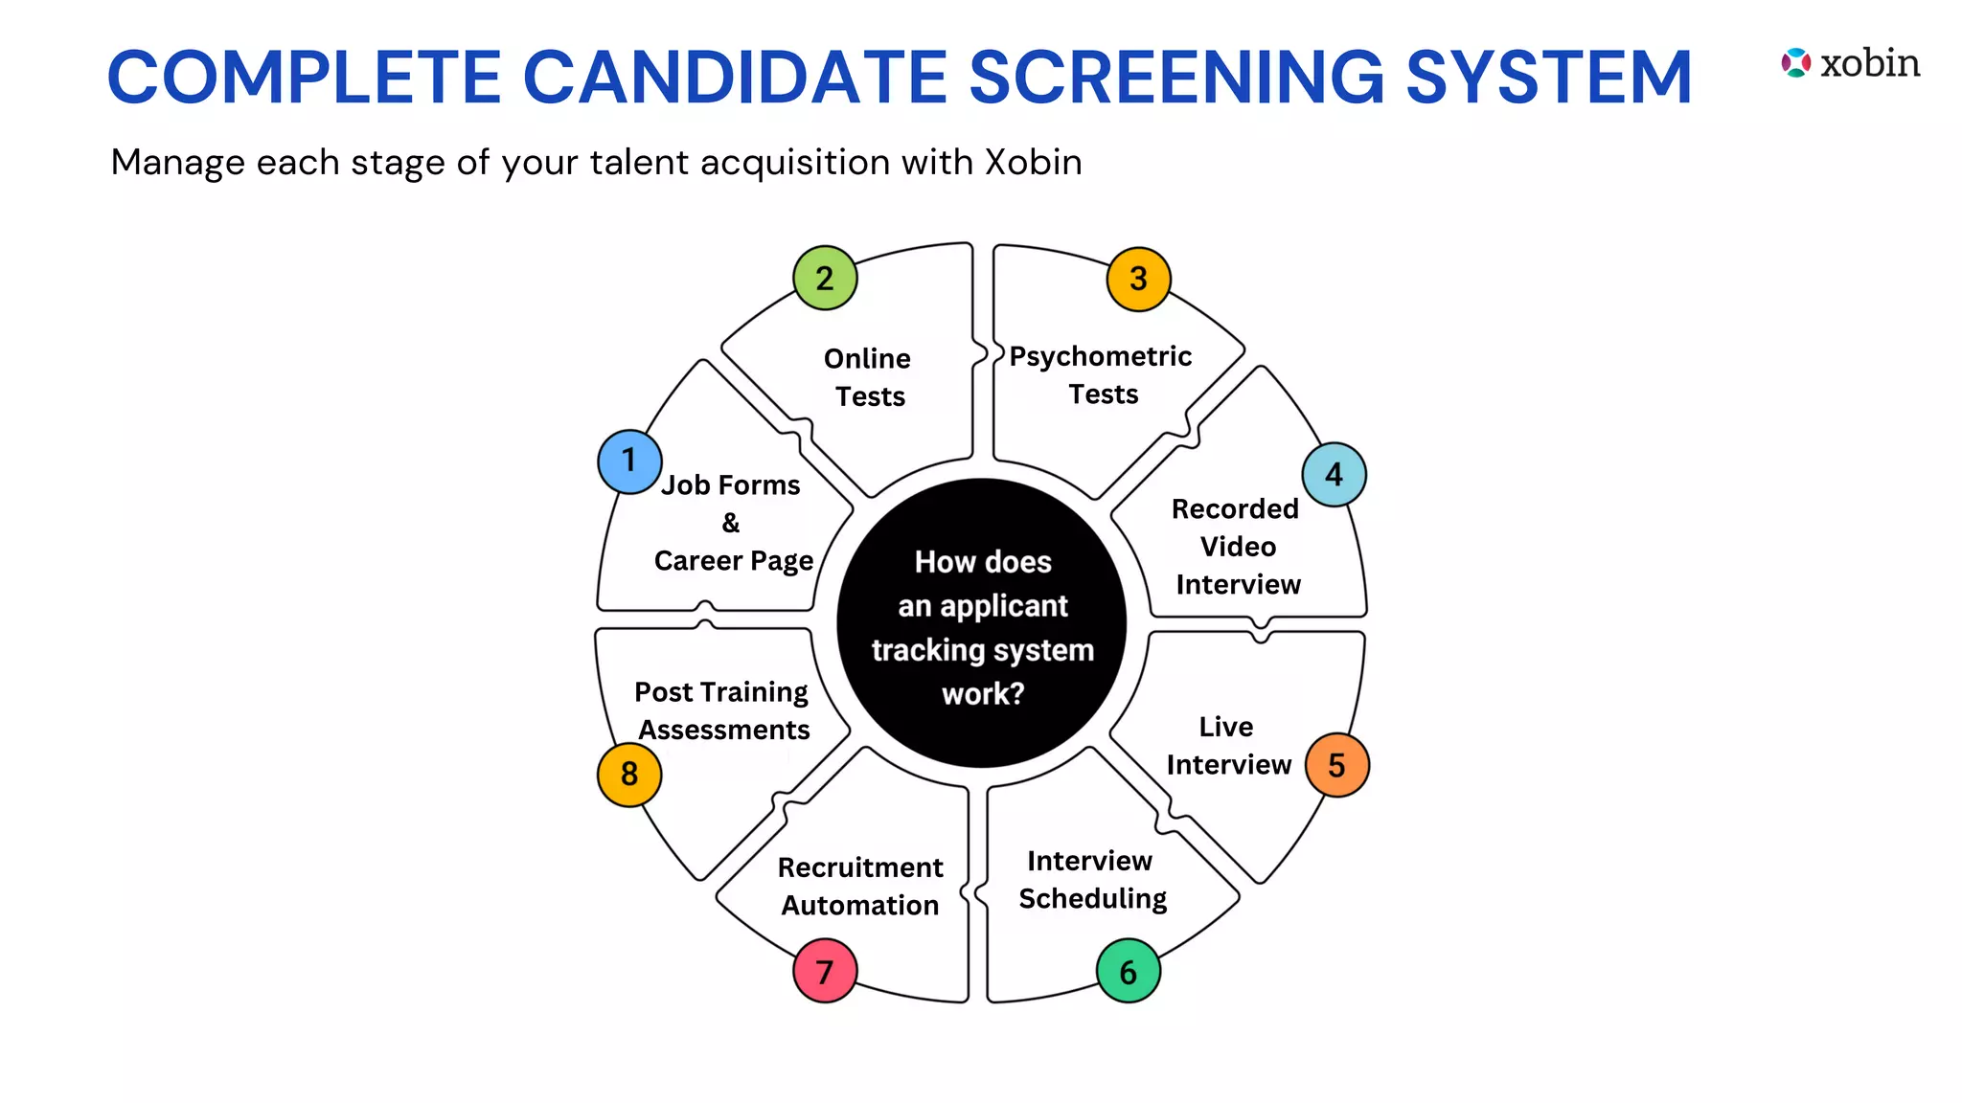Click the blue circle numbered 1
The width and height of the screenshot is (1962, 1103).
629,461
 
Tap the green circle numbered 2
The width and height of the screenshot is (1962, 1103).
825,279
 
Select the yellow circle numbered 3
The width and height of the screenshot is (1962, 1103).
1138,280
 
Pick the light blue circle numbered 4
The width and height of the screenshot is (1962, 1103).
1334,475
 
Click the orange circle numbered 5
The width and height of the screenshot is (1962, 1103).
1336,765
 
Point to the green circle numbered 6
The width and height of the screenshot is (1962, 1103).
1128,972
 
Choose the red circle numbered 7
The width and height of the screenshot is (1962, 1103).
825,972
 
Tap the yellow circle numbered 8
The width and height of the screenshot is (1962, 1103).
629,774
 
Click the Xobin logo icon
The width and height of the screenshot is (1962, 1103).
1795,63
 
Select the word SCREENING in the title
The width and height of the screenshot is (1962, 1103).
1176,77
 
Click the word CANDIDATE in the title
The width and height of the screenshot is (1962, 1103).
735,77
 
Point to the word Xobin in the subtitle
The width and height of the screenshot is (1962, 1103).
1034,163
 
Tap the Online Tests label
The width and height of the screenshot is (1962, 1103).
869,377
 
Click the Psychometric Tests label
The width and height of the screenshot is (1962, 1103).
1102,375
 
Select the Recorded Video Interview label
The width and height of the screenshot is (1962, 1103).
1237,547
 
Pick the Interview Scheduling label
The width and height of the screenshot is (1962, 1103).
1092,880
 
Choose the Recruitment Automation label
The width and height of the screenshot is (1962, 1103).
860,887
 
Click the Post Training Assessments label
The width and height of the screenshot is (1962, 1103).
722,710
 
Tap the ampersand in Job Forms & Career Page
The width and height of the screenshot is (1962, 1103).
731,523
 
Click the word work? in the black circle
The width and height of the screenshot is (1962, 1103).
983,694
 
